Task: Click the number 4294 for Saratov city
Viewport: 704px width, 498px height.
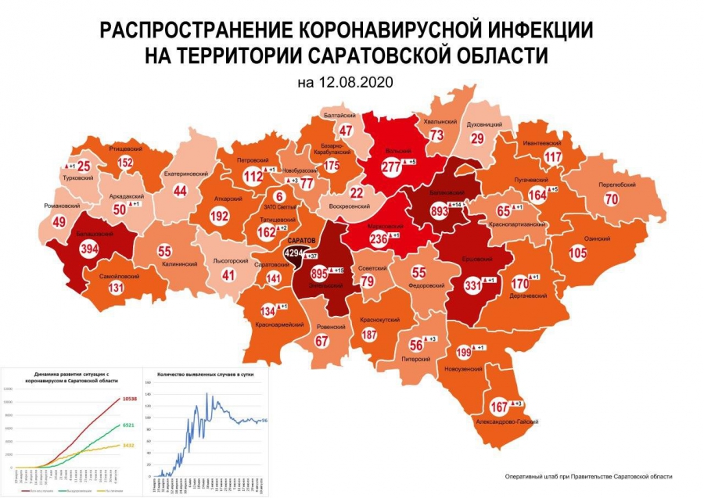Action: coord(296,254)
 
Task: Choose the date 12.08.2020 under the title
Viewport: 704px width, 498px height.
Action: coord(343,81)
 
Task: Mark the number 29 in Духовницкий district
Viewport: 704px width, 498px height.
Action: coord(476,138)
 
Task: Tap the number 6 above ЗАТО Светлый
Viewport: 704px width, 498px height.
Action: coord(277,196)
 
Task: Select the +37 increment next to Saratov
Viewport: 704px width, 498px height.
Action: coord(312,256)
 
